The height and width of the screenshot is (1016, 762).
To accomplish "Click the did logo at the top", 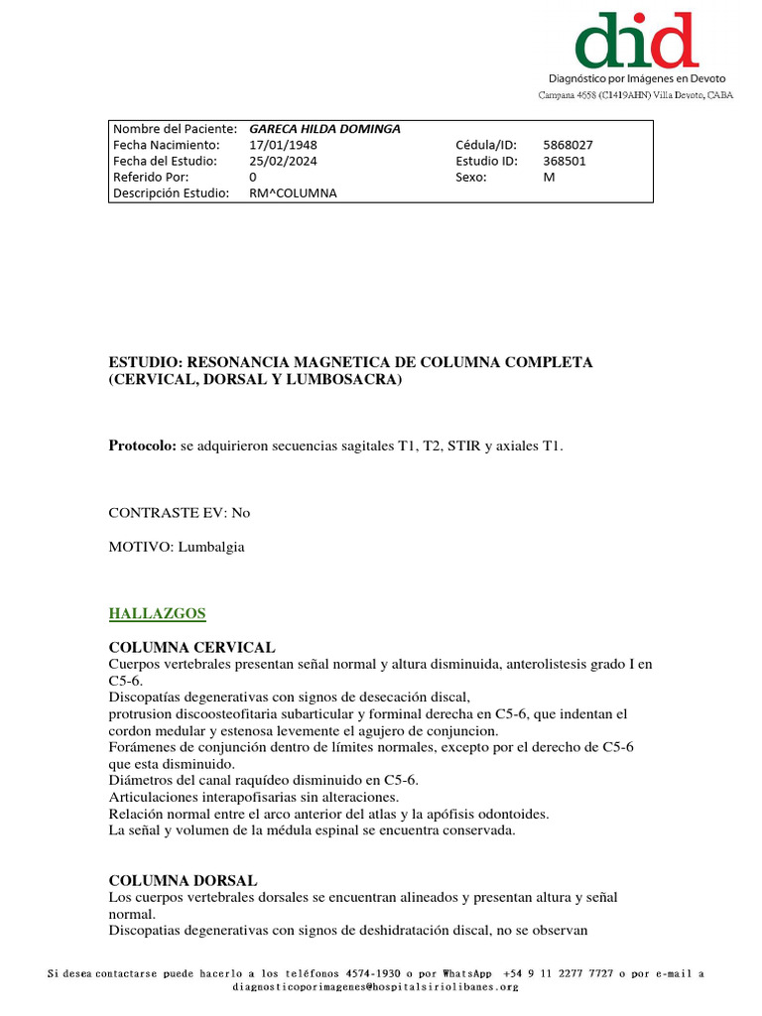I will (x=636, y=41).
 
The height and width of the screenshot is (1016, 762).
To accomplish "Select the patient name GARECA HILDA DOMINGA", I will (x=324, y=129).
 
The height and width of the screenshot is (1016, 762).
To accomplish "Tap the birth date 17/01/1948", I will (x=283, y=145).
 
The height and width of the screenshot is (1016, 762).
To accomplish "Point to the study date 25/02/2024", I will (x=283, y=161).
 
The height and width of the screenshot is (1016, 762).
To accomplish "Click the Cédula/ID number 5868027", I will (x=569, y=145).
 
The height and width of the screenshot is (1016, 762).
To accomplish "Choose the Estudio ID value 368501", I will (x=565, y=161).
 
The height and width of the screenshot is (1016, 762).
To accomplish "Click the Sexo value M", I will (x=550, y=177).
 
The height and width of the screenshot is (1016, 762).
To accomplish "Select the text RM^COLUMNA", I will (x=293, y=192).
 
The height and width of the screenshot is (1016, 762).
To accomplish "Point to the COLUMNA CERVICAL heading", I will (x=191, y=647).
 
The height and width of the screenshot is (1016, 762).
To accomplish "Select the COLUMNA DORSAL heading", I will (x=183, y=880).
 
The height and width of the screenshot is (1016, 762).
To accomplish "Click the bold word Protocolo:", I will (x=142, y=446).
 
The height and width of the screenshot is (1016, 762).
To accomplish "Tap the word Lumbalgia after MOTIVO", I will (x=211, y=547).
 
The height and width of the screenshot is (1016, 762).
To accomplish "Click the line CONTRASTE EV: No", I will (x=180, y=513).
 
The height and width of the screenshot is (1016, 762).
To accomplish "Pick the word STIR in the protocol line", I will (x=464, y=446).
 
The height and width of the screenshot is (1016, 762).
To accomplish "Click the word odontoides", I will (x=511, y=814).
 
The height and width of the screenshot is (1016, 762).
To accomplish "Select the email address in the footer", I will (x=375, y=987).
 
